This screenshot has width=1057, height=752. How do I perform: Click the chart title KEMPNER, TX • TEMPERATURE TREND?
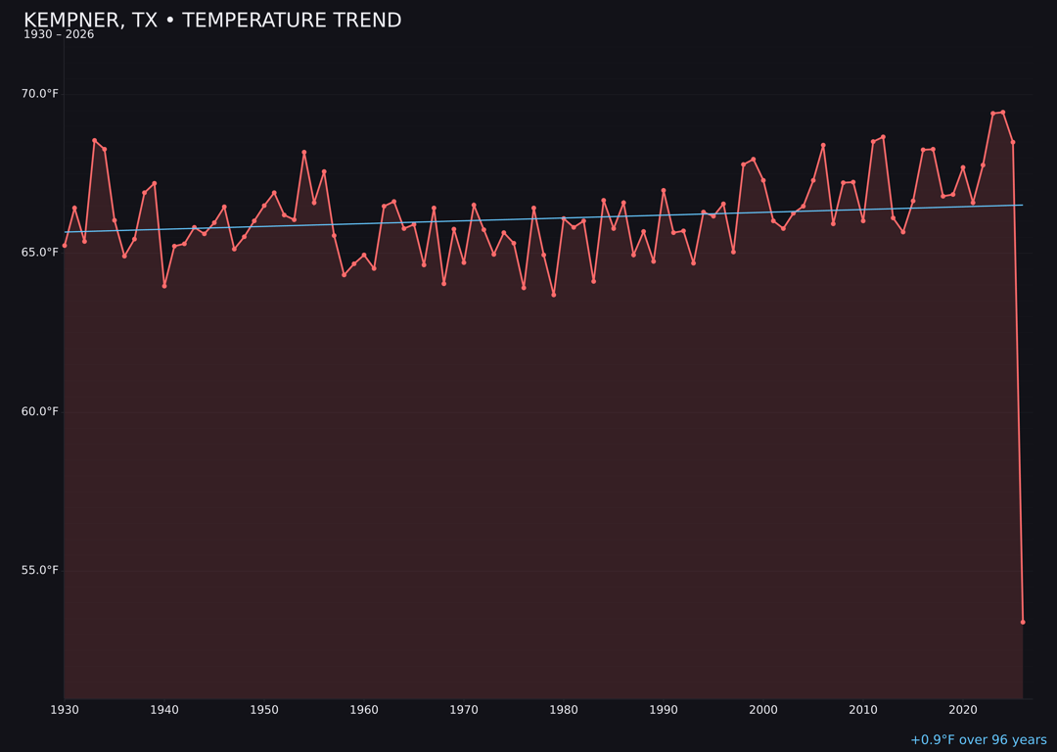click(212, 21)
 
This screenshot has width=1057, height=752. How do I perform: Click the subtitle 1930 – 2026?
click(59, 35)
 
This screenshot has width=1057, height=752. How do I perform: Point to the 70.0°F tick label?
click(39, 94)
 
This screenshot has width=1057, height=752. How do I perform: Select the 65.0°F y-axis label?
click(39, 253)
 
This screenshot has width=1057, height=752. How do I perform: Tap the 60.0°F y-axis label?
click(39, 411)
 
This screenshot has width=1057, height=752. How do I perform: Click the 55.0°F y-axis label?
click(39, 570)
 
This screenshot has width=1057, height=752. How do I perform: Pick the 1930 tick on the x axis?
click(65, 710)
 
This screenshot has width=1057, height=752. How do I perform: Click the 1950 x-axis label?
click(264, 710)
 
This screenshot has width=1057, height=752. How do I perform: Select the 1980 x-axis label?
click(564, 710)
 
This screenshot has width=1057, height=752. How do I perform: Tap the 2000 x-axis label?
click(763, 710)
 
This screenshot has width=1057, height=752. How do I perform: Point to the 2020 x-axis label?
click(963, 710)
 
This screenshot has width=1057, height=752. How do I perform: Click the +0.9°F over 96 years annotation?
click(978, 740)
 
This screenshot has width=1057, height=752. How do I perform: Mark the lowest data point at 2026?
click(1023, 622)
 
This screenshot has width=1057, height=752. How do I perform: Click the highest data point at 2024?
click(1003, 113)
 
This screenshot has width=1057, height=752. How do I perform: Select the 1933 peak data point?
click(95, 140)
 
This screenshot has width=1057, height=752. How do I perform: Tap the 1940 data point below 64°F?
click(164, 286)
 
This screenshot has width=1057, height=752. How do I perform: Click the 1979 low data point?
click(554, 295)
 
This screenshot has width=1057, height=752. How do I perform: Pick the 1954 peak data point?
click(304, 153)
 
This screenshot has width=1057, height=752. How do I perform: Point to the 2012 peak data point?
click(883, 137)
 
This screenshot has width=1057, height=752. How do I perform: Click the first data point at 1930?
click(65, 245)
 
